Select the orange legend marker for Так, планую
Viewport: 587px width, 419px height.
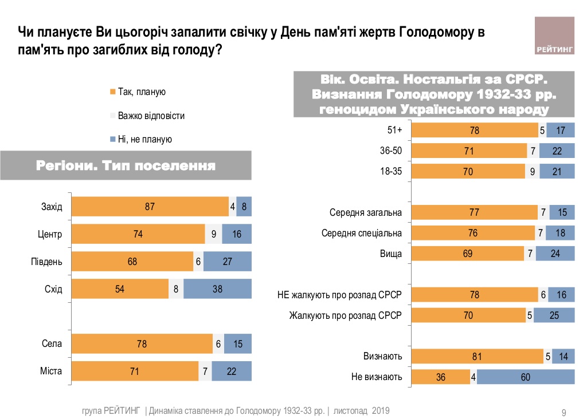113,92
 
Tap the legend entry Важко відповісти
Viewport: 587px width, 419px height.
151,116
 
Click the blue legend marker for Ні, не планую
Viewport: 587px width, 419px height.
113,139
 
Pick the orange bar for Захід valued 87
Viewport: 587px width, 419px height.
150,207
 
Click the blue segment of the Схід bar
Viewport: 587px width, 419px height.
217,289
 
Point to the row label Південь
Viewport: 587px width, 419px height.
47,262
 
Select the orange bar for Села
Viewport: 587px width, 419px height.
142,344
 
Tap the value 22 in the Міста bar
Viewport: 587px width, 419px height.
232,371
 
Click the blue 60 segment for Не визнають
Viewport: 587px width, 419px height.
525,377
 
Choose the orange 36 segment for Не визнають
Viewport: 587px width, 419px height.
441,377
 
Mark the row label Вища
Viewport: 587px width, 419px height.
391,254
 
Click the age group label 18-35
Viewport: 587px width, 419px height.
391,171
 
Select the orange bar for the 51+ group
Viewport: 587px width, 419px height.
475,131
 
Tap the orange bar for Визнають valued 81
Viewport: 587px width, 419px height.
478,357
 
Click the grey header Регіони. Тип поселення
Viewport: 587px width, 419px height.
126,167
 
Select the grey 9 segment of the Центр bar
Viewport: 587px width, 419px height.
213,234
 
